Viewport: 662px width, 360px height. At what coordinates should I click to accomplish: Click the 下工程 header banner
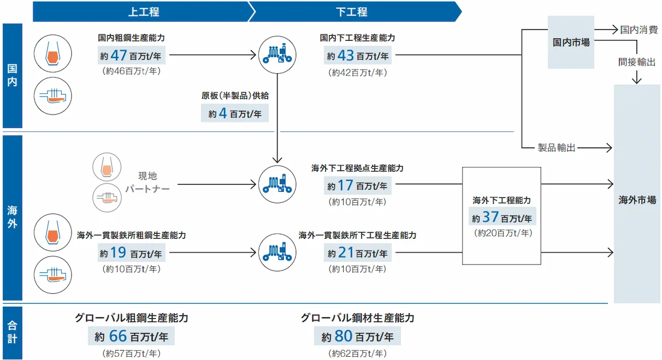click(x=351, y=12)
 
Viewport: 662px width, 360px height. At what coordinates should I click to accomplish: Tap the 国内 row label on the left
click(x=12, y=76)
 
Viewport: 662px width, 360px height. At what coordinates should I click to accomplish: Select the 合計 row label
click(x=12, y=331)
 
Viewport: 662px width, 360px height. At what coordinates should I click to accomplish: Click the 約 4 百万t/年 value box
click(x=234, y=114)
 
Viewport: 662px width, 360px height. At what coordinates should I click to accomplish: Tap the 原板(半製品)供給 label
click(x=234, y=95)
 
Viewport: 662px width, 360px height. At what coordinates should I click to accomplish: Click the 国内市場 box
click(x=571, y=42)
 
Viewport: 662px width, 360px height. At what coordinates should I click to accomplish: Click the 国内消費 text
click(x=638, y=29)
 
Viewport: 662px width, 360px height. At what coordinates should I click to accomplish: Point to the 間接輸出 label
click(x=637, y=62)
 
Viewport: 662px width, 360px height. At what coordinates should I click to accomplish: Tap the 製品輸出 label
click(x=557, y=148)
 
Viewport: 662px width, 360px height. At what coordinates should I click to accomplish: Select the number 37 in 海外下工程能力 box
click(x=490, y=217)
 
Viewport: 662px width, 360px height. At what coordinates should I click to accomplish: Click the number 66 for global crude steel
click(x=117, y=335)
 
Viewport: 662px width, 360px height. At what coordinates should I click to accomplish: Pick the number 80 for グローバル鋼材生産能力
click(x=343, y=335)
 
